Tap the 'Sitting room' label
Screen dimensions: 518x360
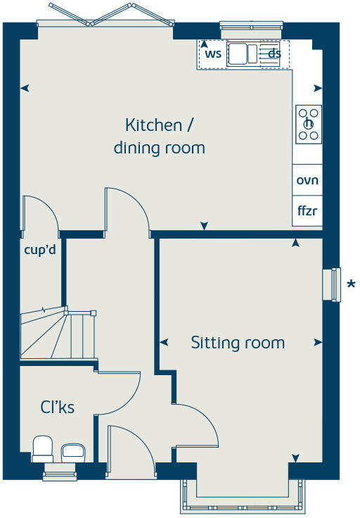click(x=238, y=343)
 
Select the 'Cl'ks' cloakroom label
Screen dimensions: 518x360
click(x=57, y=407)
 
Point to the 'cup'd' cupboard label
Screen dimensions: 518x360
click(x=40, y=249)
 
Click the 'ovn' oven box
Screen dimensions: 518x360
click(x=307, y=180)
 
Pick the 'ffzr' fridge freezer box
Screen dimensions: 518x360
click(x=307, y=211)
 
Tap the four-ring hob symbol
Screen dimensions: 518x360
click(x=309, y=124)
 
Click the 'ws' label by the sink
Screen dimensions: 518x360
click(x=213, y=53)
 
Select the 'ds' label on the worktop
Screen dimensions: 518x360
click(x=274, y=53)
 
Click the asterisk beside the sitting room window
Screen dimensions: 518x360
click(x=351, y=284)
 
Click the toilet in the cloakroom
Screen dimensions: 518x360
click(x=43, y=448)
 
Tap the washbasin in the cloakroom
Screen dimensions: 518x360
click(x=72, y=450)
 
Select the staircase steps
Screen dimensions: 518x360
click(x=56, y=334)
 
